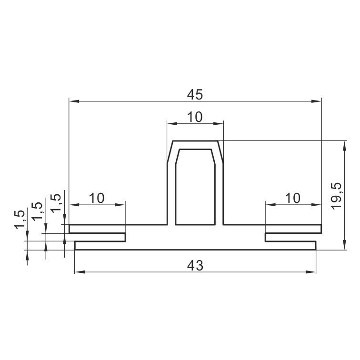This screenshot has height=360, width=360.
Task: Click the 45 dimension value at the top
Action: [195, 95]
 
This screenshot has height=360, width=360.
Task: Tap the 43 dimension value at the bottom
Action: [195, 266]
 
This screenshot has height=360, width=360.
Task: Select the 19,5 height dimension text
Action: [336, 196]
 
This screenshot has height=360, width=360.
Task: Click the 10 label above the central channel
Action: [195, 117]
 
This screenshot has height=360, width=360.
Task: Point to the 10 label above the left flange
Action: [97, 198]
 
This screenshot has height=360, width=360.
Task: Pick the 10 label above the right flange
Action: [293, 198]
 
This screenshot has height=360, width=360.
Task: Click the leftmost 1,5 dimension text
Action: [20, 220]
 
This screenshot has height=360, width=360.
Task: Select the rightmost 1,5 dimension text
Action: [56, 203]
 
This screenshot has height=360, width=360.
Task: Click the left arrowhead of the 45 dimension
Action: [74, 101]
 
